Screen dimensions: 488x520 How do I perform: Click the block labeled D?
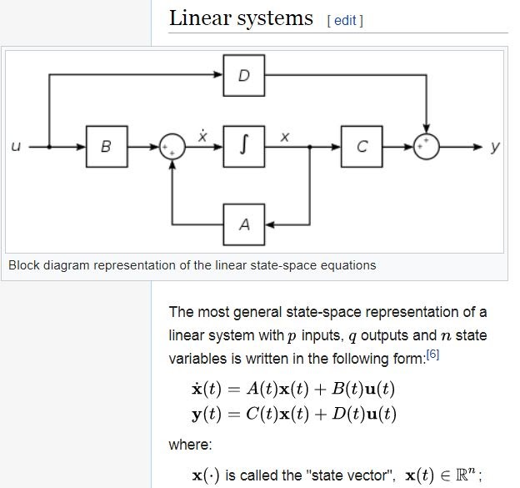[243, 76]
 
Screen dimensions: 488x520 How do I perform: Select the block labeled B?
[106, 147]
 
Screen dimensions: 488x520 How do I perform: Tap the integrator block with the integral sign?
[243, 147]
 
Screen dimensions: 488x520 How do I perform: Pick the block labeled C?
[361, 147]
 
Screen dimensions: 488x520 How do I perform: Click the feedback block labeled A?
[243, 223]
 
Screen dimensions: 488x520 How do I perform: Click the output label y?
[495, 147]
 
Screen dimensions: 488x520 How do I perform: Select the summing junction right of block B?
[172, 147]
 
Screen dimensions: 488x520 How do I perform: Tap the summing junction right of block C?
[426, 147]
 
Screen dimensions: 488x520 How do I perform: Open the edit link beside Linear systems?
[347, 20]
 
